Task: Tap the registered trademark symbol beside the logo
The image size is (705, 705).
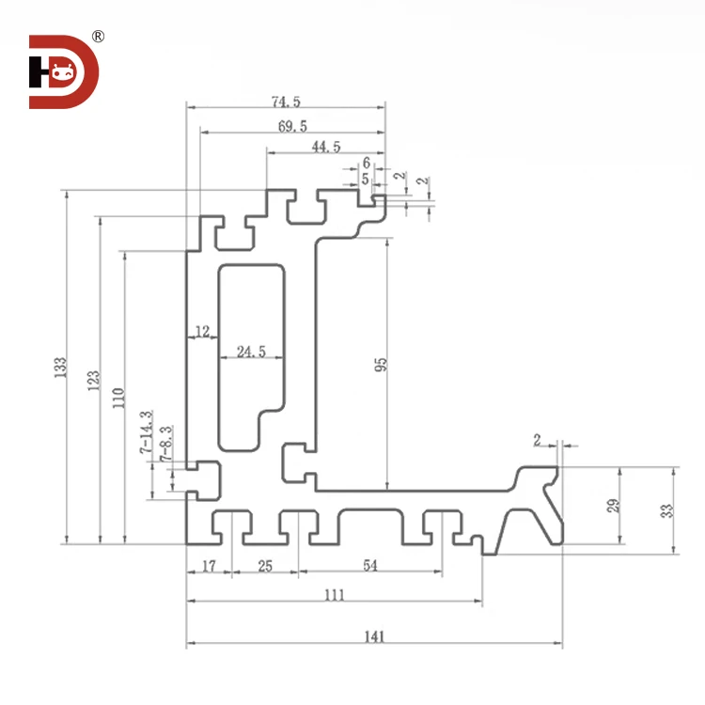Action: click(x=99, y=37)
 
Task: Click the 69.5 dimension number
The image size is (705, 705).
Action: click(x=291, y=125)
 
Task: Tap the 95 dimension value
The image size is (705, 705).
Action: click(x=381, y=364)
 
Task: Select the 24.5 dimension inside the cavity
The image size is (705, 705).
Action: click(x=251, y=352)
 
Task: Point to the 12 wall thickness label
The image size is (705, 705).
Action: click(x=201, y=331)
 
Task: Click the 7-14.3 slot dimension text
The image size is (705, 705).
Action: click(x=146, y=433)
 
